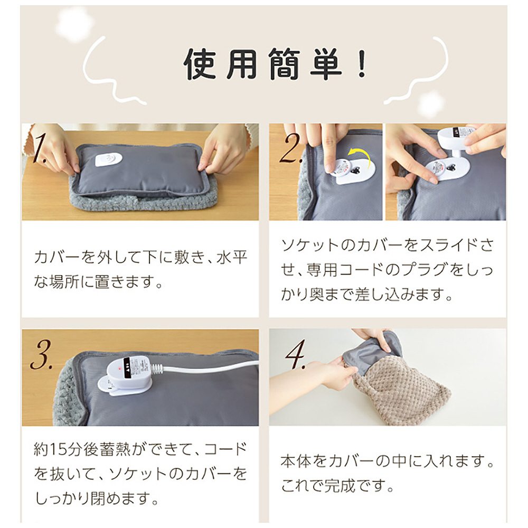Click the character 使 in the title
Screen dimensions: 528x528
coord(200,64)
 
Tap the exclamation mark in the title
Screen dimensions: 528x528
coord(362,64)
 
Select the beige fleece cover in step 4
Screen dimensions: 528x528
coord(401,391)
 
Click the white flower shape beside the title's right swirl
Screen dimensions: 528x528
coord(431,103)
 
